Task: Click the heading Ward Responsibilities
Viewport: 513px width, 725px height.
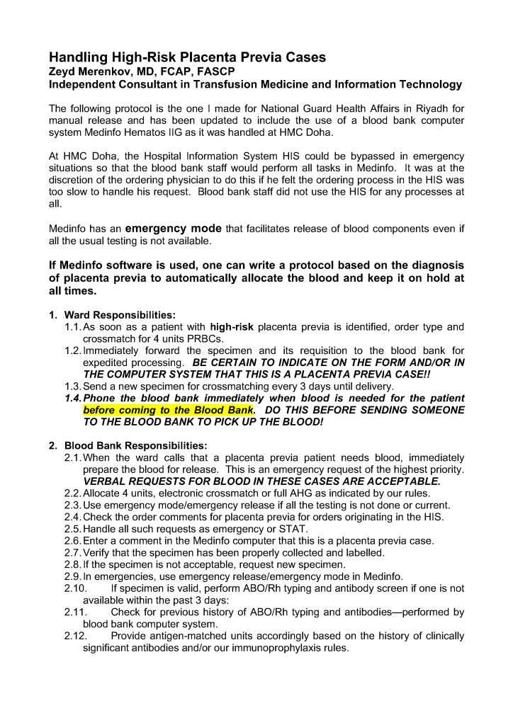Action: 120,314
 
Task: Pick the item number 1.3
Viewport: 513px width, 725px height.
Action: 72,387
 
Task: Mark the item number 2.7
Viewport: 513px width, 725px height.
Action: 72,553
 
